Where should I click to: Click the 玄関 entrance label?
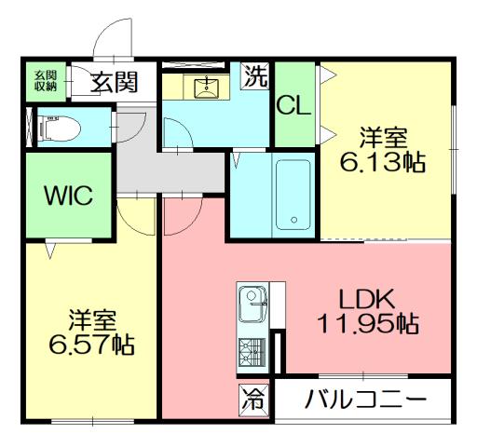click(115, 81)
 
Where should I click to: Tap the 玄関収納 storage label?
click(46, 81)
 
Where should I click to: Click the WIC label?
click(69, 197)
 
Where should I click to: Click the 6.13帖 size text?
click(384, 162)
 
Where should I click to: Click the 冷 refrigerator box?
click(252, 400)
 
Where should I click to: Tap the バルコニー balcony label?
click(365, 400)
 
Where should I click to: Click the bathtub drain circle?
click(294, 222)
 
